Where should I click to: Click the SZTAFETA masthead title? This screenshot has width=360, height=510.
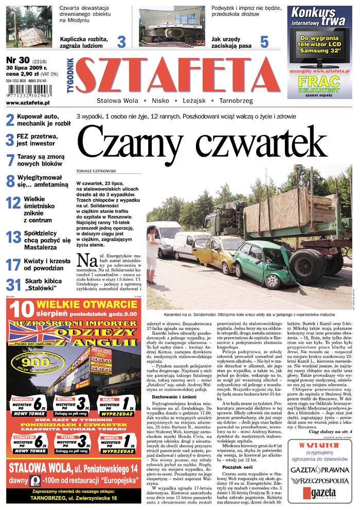[x=177, y=74]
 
